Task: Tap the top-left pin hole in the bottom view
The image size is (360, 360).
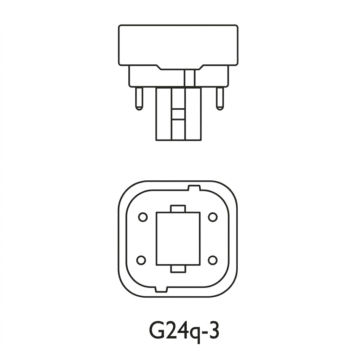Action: click(x=143, y=217)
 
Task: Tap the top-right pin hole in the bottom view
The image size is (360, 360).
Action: click(x=213, y=217)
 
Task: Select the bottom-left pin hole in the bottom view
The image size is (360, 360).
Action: click(x=141, y=260)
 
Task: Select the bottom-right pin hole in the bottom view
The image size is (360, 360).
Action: click(x=212, y=260)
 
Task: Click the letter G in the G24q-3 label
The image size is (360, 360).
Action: click(x=157, y=331)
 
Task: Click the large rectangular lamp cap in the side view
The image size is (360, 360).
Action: click(x=178, y=45)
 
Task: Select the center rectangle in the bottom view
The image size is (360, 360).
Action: click(x=178, y=238)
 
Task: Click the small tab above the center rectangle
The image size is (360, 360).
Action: click(x=178, y=208)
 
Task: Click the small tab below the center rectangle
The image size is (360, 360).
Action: click(x=178, y=269)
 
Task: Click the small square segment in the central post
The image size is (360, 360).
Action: click(x=178, y=114)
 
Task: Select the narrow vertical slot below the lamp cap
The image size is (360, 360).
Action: click(x=189, y=78)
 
